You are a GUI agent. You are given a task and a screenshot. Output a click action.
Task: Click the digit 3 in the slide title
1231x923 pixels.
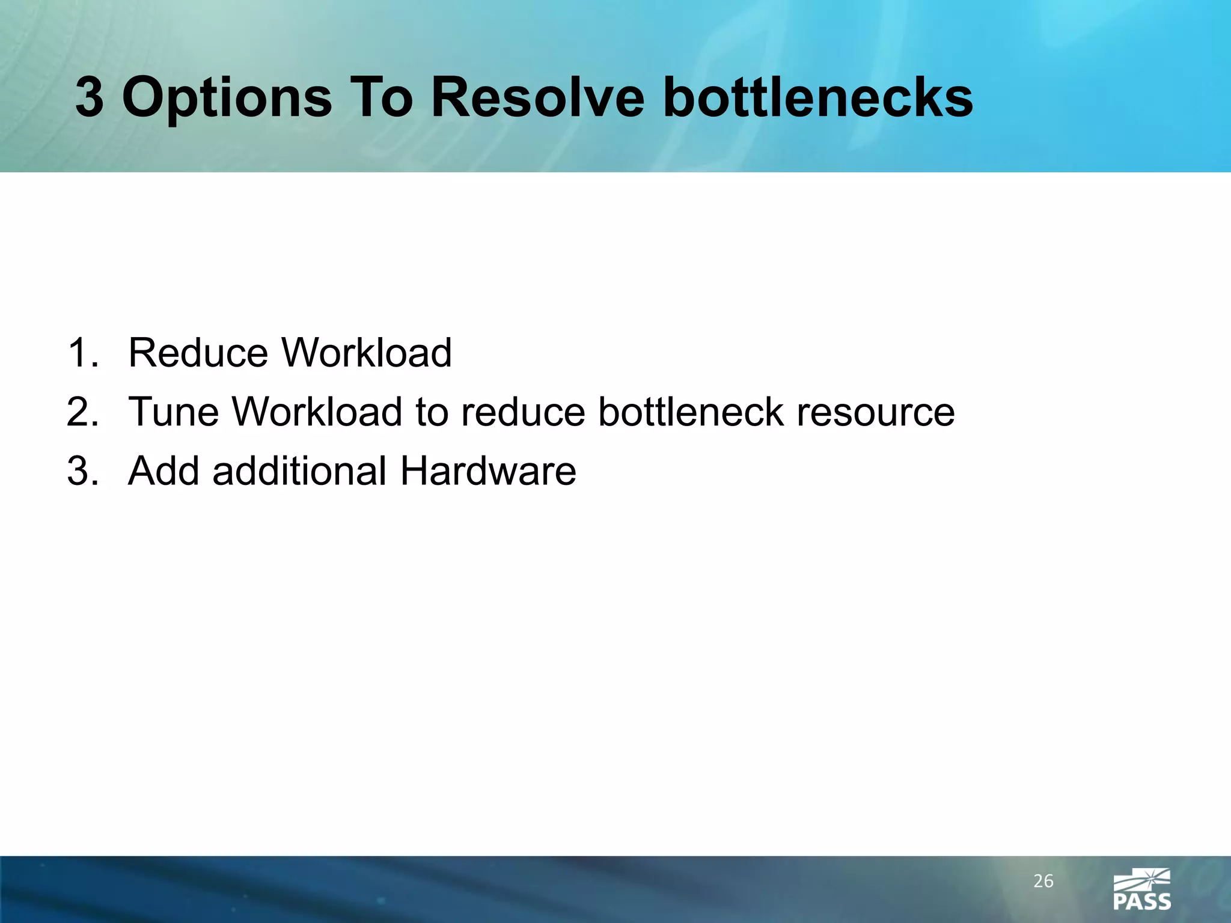[x=89, y=97]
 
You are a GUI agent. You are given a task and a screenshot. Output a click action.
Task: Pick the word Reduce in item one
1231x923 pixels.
[x=198, y=353]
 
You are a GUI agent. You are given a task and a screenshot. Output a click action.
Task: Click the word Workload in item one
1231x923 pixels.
[x=367, y=353]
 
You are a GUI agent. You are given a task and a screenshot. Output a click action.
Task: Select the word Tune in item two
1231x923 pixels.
[x=174, y=412]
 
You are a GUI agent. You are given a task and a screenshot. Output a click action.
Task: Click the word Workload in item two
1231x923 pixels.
[x=317, y=412]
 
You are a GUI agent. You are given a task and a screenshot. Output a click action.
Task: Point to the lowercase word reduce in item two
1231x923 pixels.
[x=522, y=412]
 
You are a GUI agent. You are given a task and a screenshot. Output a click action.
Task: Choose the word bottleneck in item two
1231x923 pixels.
[x=691, y=412]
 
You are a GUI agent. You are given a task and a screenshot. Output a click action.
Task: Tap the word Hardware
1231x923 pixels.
[x=488, y=471]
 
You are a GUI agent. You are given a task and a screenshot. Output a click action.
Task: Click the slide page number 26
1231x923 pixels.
[x=1043, y=882]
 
